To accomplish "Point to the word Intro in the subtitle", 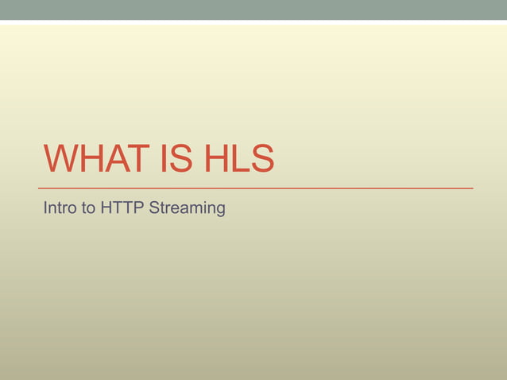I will [x=60, y=209].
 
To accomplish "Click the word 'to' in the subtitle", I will [x=88, y=209].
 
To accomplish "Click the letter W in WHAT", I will [x=60, y=160].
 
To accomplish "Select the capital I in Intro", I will [x=45, y=209].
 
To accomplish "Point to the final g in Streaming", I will [x=221, y=211].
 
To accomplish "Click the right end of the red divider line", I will [x=471, y=188].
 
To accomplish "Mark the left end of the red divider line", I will [x=45, y=188].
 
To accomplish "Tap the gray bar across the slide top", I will [x=253, y=10].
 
